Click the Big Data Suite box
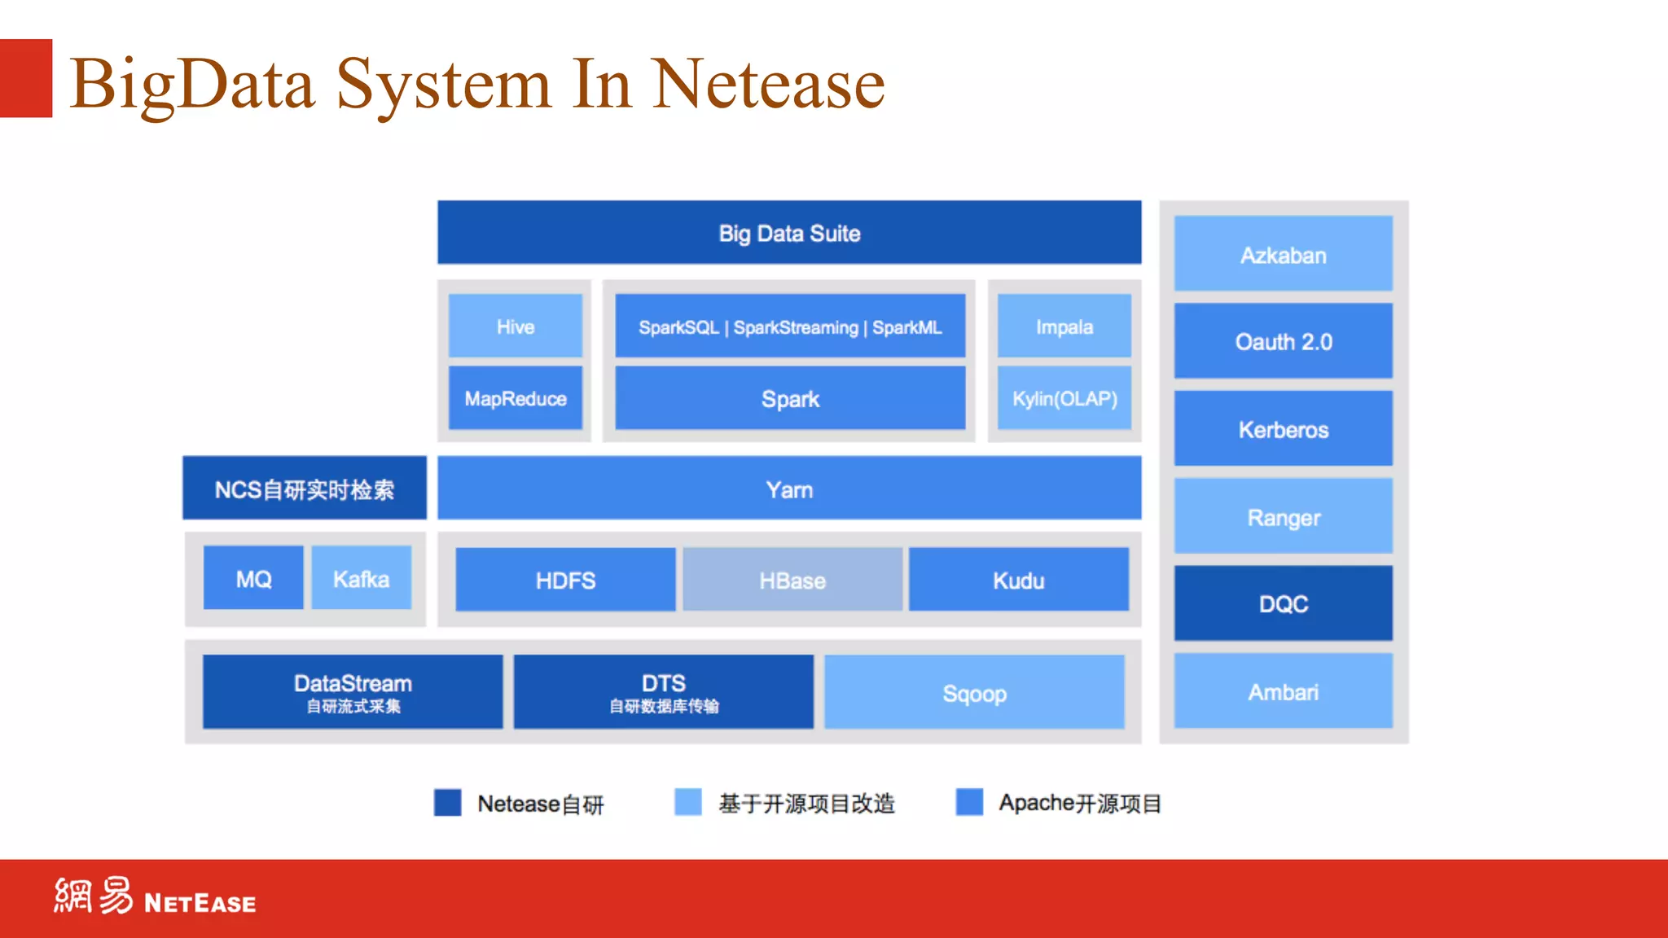(788, 233)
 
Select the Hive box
(515, 327)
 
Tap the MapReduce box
(515, 398)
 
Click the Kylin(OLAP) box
(1064, 398)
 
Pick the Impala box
(1064, 327)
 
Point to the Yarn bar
(788, 489)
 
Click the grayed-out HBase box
(792, 580)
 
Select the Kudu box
(1018, 580)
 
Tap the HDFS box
(565, 580)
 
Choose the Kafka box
(361, 578)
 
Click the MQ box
(253, 578)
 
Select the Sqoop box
(974, 692)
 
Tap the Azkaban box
(1283, 254)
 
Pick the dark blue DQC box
(1283, 603)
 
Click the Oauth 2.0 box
(1283, 341)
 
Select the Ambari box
(1283, 691)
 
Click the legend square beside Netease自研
(447, 802)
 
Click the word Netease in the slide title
(768, 84)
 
